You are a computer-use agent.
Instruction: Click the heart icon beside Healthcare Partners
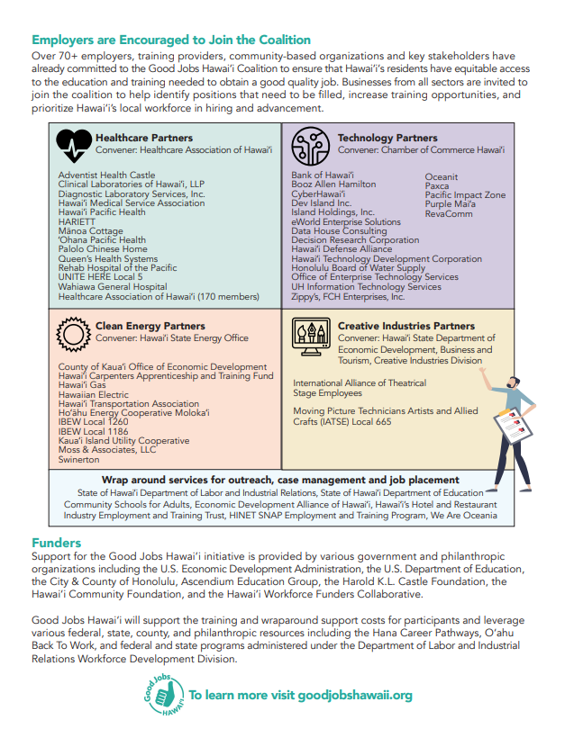click(x=74, y=143)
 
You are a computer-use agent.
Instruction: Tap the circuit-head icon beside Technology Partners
click(x=309, y=143)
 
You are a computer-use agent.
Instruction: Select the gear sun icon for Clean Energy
click(x=73, y=332)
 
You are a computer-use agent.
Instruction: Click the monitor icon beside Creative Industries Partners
click(x=309, y=335)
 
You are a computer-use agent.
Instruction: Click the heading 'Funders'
click(x=56, y=544)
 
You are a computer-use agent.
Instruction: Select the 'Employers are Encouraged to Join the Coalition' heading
click(x=171, y=40)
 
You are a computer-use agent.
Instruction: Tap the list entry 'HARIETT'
click(x=77, y=222)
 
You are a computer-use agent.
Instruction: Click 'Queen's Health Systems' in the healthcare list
click(x=107, y=259)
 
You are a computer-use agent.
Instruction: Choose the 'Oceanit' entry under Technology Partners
click(x=442, y=176)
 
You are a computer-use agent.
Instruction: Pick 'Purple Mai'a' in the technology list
click(x=452, y=204)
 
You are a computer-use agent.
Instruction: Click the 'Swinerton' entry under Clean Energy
click(x=80, y=459)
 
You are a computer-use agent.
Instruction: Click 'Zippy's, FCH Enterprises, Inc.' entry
click(x=348, y=296)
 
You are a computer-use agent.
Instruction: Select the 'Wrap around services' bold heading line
click(x=280, y=481)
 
